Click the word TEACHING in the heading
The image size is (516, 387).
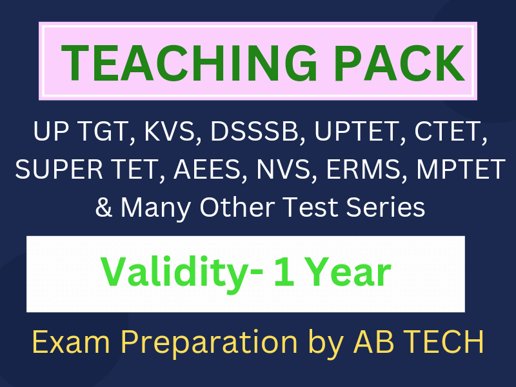(x=190, y=63)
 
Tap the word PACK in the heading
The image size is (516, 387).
(x=399, y=63)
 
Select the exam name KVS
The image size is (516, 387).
(x=170, y=132)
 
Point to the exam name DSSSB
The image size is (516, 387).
(x=254, y=132)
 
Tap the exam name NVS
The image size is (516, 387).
(x=284, y=169)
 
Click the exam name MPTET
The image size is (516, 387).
(x=461, y=169)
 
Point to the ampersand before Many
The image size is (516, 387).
(x=104, y=207)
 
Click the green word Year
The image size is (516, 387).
(x=350, y=271)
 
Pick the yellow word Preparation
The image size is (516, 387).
(x=209, y=342)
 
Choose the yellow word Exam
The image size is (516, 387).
(x=71, y=342)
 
